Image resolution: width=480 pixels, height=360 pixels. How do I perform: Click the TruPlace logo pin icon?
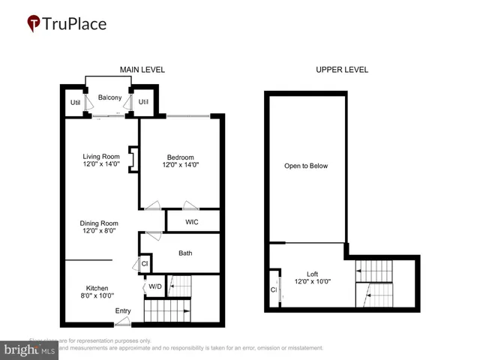(33, 24)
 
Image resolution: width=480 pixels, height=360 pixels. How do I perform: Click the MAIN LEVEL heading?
(142, 70)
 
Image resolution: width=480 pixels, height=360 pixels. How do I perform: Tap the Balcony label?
(109, 97)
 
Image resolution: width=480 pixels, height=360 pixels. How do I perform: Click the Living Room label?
(100, 157)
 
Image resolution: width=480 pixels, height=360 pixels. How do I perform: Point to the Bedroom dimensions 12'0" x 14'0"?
(181, 165)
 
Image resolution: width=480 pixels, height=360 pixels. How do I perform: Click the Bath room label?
(185, 253)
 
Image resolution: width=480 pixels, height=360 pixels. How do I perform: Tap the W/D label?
(155, 286)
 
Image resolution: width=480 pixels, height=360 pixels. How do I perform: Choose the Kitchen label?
(97, 288)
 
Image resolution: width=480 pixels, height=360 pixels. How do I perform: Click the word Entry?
(123, 310)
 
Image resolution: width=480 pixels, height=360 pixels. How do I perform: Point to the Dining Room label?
(100, 223)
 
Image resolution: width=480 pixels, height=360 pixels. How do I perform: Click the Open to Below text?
(305, 166)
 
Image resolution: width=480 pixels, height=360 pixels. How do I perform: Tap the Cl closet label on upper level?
(274, 289)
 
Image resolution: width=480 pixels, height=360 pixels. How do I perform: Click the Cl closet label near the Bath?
(145, 264)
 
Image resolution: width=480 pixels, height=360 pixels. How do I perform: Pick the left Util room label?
(75, 103)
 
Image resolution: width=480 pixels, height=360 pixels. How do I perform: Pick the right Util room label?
(144, 103)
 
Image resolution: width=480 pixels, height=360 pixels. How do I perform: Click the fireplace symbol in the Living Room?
(131, 160)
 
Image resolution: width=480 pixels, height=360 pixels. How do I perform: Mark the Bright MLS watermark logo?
(30, 349)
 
